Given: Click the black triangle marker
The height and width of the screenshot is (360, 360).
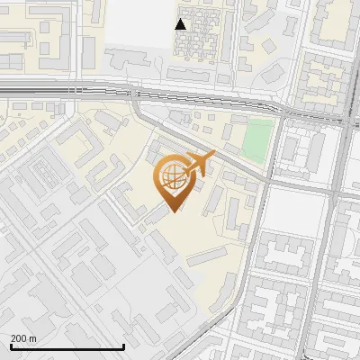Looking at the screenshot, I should coord(181,24).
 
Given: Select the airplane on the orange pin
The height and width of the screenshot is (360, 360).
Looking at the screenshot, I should coord(201,165).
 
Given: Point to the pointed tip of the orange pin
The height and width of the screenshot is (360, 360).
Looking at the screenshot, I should coord(171,211).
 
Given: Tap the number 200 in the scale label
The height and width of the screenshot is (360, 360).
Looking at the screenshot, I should coord(20,338).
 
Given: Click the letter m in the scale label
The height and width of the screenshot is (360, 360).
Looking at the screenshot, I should coord(33,338).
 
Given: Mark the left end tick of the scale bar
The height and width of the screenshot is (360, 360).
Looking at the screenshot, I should coord(10,346).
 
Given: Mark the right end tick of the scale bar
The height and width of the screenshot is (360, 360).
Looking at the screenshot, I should coord(123,346).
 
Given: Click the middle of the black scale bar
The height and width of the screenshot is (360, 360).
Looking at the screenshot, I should coord(67,347).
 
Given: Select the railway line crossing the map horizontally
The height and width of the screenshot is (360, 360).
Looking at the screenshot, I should coord(90,89).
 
